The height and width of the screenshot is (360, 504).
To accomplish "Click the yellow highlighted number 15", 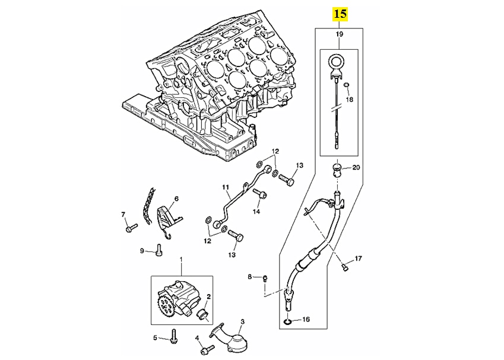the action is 340,14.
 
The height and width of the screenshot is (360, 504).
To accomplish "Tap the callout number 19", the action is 340,34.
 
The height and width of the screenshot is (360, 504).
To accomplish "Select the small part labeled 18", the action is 347,85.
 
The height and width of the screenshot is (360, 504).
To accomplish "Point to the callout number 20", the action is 356,167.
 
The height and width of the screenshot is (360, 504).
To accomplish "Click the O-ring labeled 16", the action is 288,321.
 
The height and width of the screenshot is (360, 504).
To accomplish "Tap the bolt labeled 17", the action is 345,267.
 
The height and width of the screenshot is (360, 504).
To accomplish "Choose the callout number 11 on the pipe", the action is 225,187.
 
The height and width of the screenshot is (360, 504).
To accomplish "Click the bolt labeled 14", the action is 261,194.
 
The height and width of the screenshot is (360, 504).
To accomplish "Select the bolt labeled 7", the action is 131,228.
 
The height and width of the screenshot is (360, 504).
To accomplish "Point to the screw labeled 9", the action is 159,250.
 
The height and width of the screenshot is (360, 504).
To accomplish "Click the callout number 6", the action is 176,199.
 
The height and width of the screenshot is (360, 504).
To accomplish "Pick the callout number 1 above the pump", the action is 181,259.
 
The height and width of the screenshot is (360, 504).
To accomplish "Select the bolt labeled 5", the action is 173,336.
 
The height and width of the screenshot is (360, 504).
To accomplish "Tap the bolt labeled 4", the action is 207,350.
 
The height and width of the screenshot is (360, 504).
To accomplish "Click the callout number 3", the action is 242,321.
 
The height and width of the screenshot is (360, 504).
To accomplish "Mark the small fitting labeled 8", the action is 265,278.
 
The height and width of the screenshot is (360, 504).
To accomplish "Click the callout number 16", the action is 306,319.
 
